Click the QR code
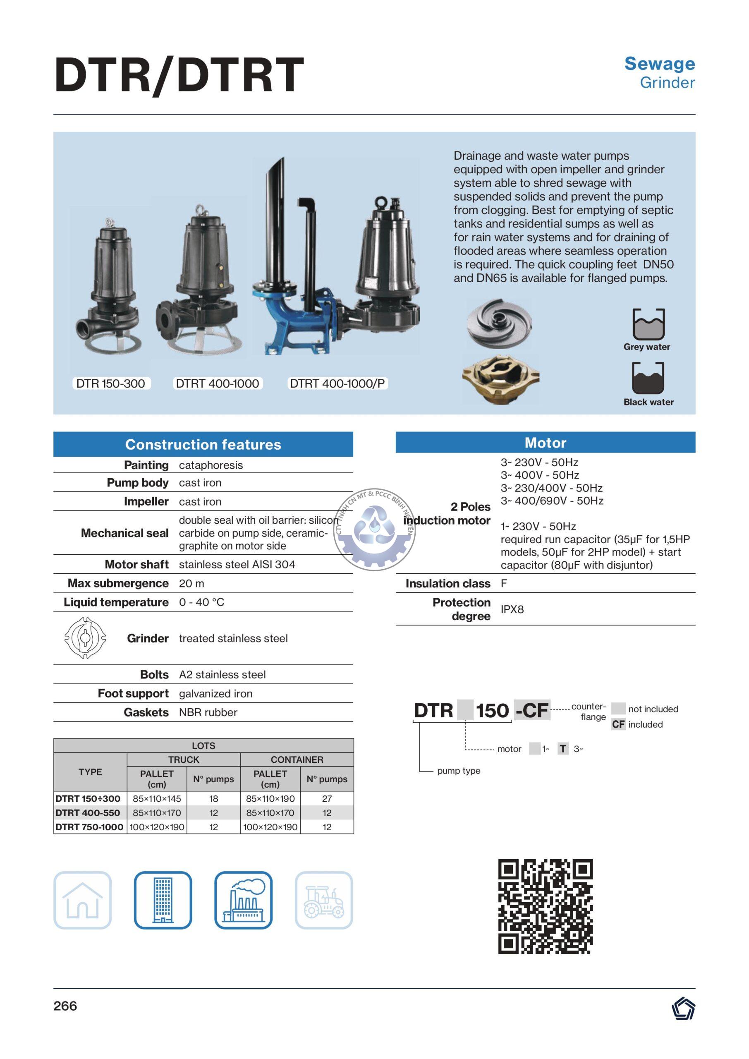(x=545, y=906)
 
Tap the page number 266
(x=65, y=1006)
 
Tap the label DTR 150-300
(x=111, y=383)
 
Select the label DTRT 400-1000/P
(x=337, y=383)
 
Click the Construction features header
(x=203, y=444)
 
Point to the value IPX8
(x=512, y=609)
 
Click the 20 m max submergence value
(x=191, y=583)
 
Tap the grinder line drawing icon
(x=85, y=638)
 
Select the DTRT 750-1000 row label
(x=89, y=827)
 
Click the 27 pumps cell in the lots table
(x=327, y=798)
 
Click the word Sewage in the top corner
(x=660, y=64)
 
